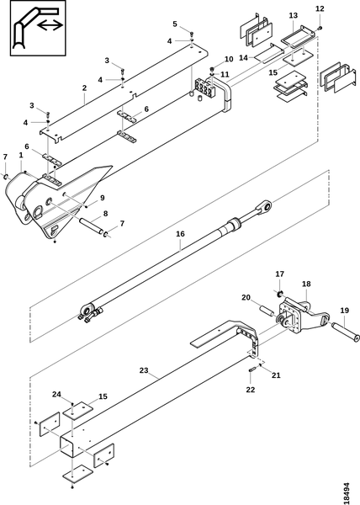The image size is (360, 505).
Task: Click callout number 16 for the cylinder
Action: click(180, 234)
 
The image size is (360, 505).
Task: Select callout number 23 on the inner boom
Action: click(144, 370)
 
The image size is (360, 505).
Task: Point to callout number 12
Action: click(320, 8)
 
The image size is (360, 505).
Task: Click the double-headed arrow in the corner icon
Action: click(50, 24)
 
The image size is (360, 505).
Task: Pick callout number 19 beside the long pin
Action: click(344, 311)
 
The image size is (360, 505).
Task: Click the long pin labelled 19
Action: click(345, 331)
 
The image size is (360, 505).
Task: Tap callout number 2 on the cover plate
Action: click(84, 88)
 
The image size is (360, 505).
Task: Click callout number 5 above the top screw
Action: click(175, 24)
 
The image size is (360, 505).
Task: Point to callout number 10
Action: click(229, 59)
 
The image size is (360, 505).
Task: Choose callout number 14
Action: click(244, 57)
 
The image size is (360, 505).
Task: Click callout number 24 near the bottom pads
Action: click(57, 394)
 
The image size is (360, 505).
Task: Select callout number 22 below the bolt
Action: click(251, 390)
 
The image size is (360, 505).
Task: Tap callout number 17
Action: click(280, 274)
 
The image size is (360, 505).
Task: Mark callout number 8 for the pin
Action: click(105, 214)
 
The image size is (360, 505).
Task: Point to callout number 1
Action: click(21, 155)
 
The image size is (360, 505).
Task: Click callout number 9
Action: click(102, 198)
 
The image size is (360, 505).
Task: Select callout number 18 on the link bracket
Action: click(306, 284)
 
